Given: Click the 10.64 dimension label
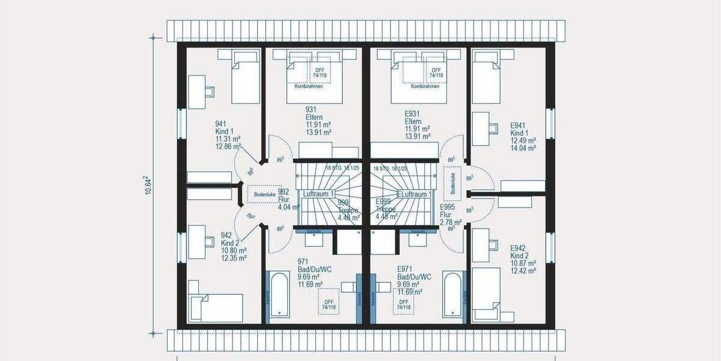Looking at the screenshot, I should pyautogui.click(x=148, y=184).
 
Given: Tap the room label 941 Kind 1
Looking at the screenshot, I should pyautogui.click(x=228, y=135).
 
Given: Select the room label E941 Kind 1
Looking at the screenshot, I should pyautogui.click(x=523, y=137).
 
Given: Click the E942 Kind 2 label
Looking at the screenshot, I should pyautogui.click(x=522, y=259).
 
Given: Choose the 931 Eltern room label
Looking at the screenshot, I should pyautogui.click(x=318, y=120).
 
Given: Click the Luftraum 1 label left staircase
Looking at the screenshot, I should pyautogui.click(x=319, y=194).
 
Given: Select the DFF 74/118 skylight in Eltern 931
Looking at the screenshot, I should pyautogui.click(x=319, y=72).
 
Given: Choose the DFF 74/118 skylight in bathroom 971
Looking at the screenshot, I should pyautogui.click(x=328, y=304).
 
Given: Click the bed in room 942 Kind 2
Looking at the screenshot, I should pyautogui.click(x=216, y=307).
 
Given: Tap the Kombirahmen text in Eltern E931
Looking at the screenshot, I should pyautogui.click(x=425, y=87).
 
